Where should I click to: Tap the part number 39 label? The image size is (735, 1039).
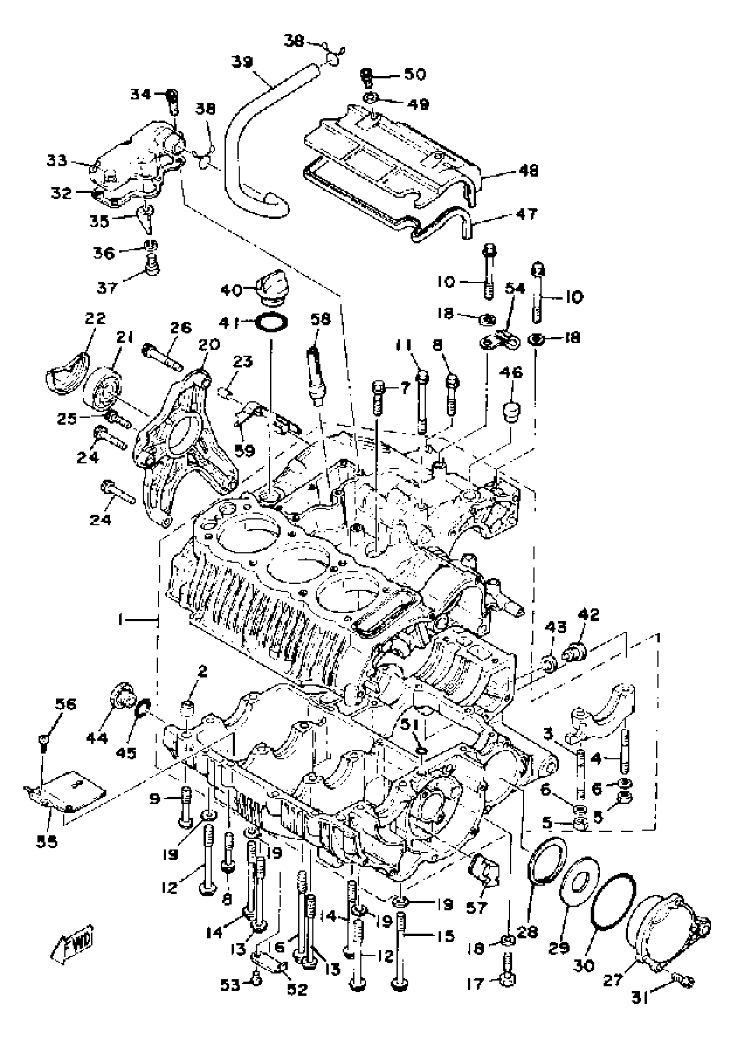[242, 61]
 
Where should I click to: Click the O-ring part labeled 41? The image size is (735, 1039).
[272, 323]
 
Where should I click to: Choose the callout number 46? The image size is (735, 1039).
[511, 372]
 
